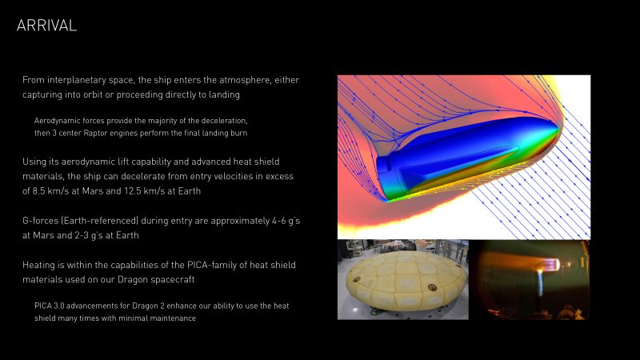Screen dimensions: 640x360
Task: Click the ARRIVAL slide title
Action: [46, 26]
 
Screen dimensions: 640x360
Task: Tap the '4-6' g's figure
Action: [278, 221]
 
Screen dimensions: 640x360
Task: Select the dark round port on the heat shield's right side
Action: [432, 287]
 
